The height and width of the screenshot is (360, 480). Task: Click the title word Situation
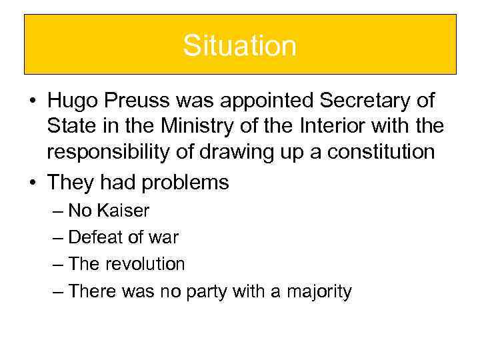point(239,45)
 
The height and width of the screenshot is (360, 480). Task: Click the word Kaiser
point(123,211)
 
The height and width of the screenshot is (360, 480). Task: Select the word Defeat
point(95,237)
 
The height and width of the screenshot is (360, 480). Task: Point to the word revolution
point(145,264)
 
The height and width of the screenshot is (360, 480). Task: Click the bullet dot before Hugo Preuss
point(32,101)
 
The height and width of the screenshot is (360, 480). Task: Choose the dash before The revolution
point(59,265)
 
